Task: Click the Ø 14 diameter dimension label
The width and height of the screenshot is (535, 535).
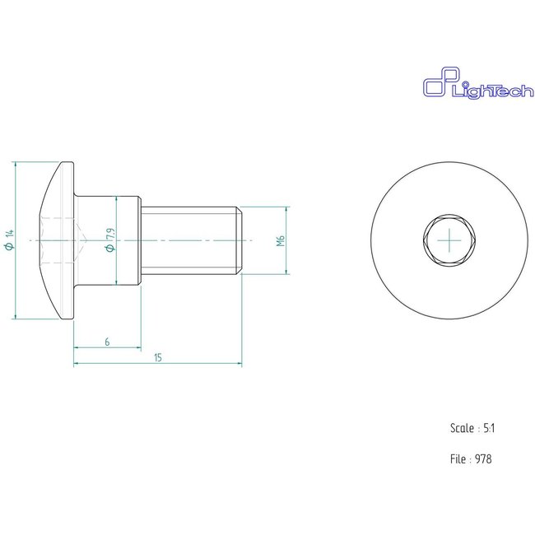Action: pos(9,240)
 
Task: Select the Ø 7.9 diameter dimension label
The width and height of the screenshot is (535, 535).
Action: pos(109,240)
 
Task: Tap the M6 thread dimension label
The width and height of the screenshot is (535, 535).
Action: pos(280,240)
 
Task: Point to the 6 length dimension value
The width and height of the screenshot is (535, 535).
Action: pos(106,340)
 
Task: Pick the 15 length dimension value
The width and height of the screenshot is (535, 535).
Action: pos(156,356)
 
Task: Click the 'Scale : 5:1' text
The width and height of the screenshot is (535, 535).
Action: pos(472,428)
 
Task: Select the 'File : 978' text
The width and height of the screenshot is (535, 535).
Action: pos(471,458)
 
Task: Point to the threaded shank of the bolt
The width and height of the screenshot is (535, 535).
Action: pos(189,240)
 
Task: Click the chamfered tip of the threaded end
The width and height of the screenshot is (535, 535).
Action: pos(239,240)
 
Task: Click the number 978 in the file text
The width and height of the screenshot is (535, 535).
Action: pos(483,458)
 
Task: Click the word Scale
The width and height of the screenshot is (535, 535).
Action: pos(461,428)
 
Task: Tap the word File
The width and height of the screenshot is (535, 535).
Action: pos(458,458)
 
